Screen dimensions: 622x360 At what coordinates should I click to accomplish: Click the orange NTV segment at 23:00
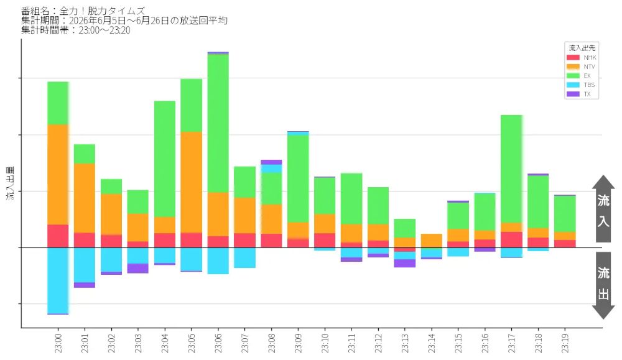pos(58,175)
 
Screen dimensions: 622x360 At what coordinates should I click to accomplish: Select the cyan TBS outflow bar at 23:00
pos(58,280)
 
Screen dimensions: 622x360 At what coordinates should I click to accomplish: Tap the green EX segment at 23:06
pos(218,123)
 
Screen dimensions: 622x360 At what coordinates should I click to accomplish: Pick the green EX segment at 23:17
pos(512,169)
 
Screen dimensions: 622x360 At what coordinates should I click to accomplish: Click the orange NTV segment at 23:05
pos(191,182)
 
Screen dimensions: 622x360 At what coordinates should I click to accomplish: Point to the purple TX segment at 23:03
pos(138,269)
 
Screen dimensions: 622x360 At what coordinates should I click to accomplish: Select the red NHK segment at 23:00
pos(58,236)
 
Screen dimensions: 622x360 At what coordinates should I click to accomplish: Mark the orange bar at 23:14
pos(432,241)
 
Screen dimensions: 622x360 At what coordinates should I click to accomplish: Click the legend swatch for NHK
pos(573,57)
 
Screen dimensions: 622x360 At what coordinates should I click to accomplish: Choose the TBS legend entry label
pos(589,85)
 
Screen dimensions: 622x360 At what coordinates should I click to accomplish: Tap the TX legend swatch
pos(573,94)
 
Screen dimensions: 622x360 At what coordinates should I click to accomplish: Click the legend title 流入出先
pos(582,48)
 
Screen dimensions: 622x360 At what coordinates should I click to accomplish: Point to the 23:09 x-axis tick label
pos(299,343)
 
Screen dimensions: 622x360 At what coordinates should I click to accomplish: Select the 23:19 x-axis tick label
pos(565,343)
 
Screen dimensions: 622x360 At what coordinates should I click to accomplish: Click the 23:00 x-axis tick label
pos(58,343)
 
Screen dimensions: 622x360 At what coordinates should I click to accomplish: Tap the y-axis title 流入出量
pos(11,183)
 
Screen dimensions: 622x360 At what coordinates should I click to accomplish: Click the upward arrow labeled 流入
pos(603,209)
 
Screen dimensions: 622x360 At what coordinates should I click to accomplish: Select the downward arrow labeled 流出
pos(603,285)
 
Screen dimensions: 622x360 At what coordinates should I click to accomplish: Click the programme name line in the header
pos(83,11)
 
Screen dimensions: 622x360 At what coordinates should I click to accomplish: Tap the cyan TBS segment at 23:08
pos(271,168)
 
